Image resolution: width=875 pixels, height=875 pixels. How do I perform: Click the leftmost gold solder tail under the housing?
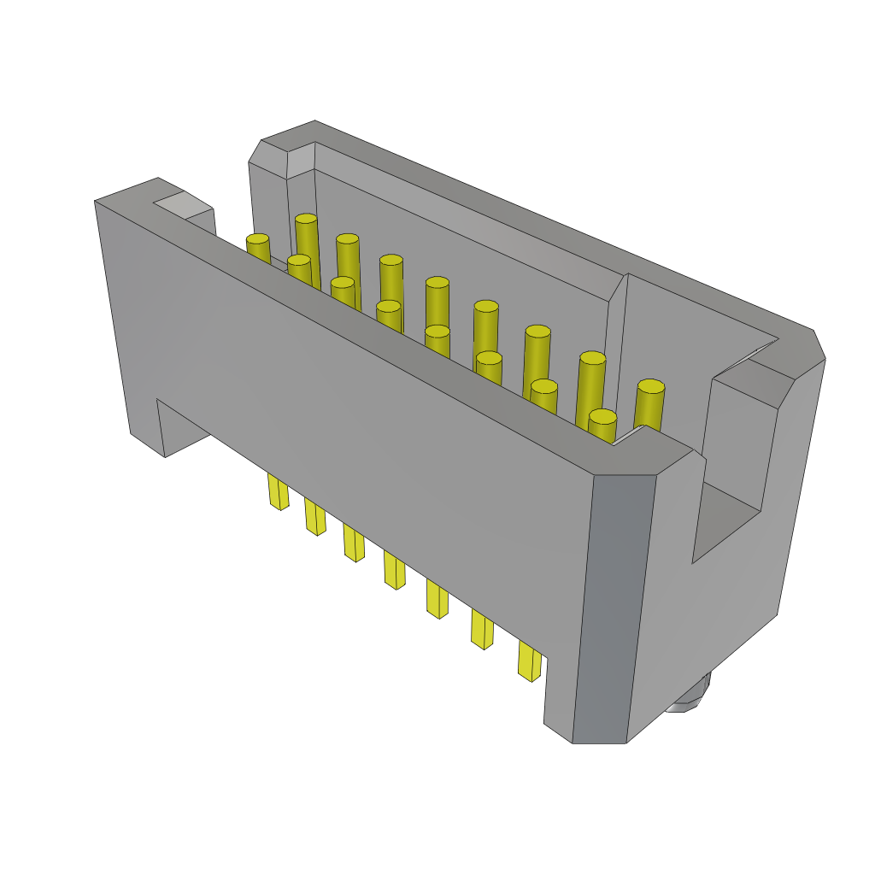tap(278, 492)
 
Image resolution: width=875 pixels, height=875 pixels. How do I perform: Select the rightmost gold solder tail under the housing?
tap(530, 661)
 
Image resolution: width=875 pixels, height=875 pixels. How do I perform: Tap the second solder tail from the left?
tap(315, 517)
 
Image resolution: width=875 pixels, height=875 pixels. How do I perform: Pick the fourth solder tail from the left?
tap(394, 569)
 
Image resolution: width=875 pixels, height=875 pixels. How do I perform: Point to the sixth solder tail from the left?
tap(482, 630)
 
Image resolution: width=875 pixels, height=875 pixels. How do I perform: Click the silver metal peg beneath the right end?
tap(689, 697)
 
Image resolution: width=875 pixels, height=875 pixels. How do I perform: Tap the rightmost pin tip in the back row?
tap(650, 387)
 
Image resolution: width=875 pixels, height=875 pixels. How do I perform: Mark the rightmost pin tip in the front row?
tap(602, 417)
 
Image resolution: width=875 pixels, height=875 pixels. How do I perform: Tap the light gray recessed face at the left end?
tap(181, 205)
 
